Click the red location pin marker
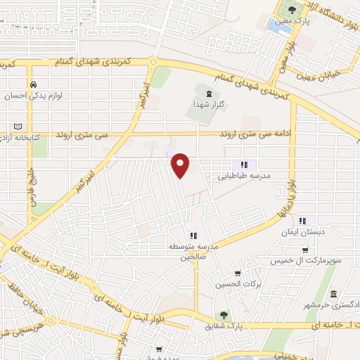pos(182,165)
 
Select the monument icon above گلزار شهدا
pos(207,93)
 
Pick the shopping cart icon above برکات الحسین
pos(238,274)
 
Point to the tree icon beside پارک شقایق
pos(224,316)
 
